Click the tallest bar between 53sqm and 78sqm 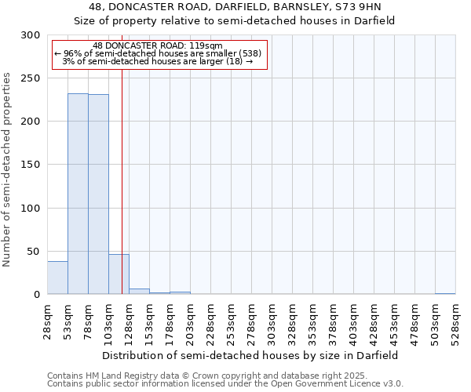pos(78,194)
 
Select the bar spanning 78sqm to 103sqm pos(98,194)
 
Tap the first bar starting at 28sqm pos(57,278)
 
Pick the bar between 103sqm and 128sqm pos(119,274)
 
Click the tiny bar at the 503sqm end pos(445,293)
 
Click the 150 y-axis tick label pos(31,165)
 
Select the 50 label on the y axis pos(34,251)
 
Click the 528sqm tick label pos(455,321)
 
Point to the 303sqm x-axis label pos(272,321)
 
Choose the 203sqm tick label pos(190,321)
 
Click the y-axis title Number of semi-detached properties pos(7,169)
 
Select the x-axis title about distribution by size pos(250,355)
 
